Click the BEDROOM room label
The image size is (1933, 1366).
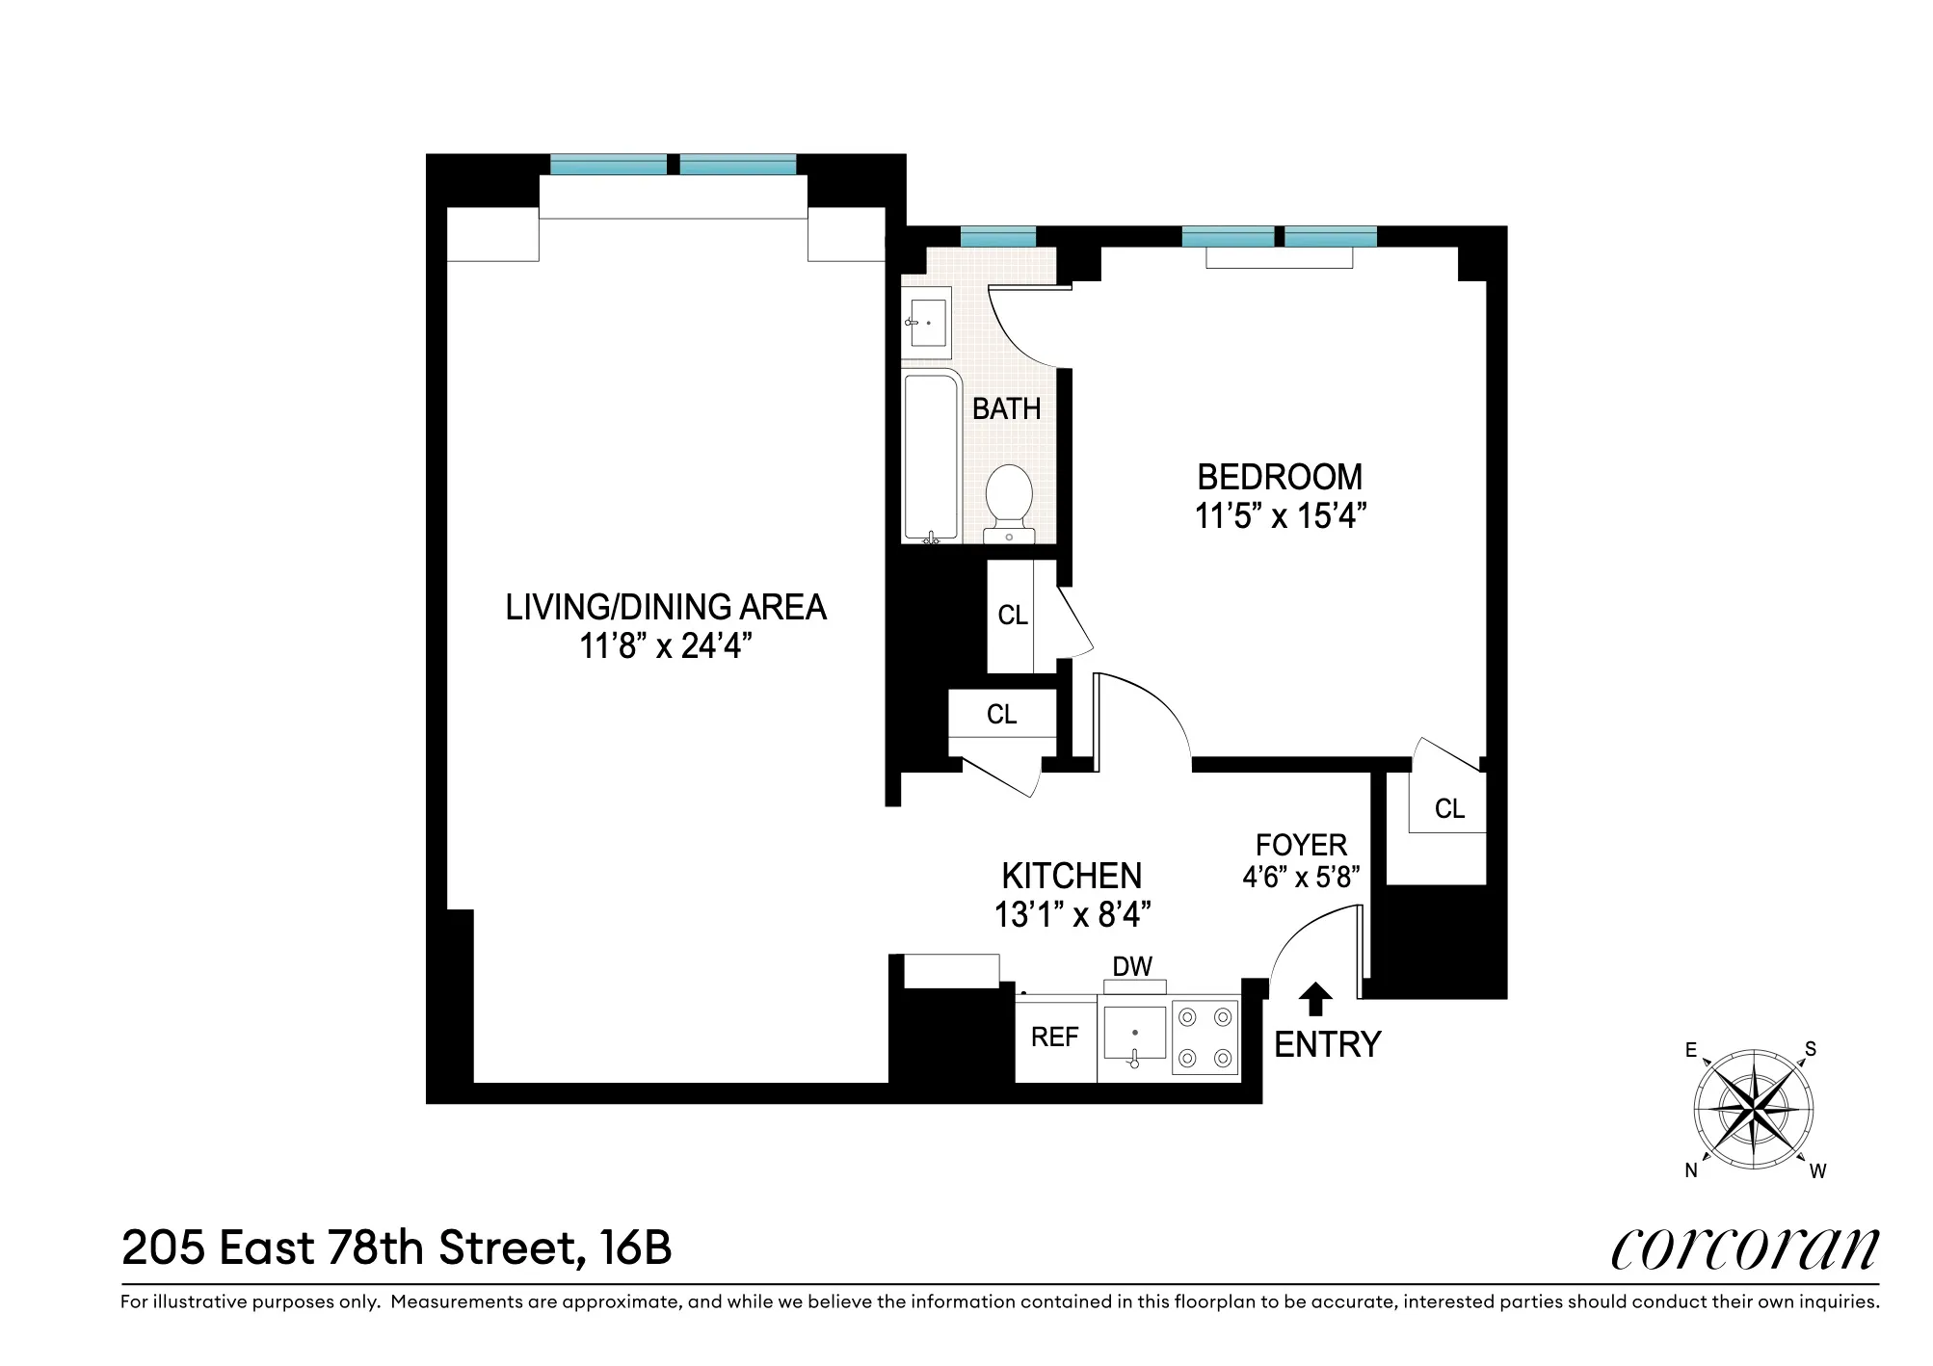tap(1280, 477)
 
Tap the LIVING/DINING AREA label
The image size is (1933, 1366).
tap(666, 607)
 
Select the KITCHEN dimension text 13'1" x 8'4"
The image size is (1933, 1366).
tap(1072, 914)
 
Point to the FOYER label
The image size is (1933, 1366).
tap(1301, 845)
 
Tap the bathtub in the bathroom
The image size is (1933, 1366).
tap(931, 458)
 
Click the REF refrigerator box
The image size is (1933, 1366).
tap(1055, 1038)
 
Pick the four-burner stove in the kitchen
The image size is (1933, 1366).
tap(1205, 1038)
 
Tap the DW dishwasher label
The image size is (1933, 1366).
tap(1132, 966)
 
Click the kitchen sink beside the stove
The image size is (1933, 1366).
tap(1134, 1038)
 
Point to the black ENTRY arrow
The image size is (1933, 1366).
tap(1316, 999)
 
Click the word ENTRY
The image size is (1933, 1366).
tap(1328, 1044)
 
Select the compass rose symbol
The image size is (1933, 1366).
tap(1754, 1110)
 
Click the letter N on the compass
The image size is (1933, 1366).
tap(1691, 1170)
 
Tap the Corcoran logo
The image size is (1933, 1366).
tap(1744, 1248)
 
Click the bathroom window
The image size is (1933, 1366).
tap(997, 236)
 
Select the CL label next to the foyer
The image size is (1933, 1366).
tap(1449, 808)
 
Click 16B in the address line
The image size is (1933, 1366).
tap(634, 1248)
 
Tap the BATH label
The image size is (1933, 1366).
tap(1006, 408)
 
